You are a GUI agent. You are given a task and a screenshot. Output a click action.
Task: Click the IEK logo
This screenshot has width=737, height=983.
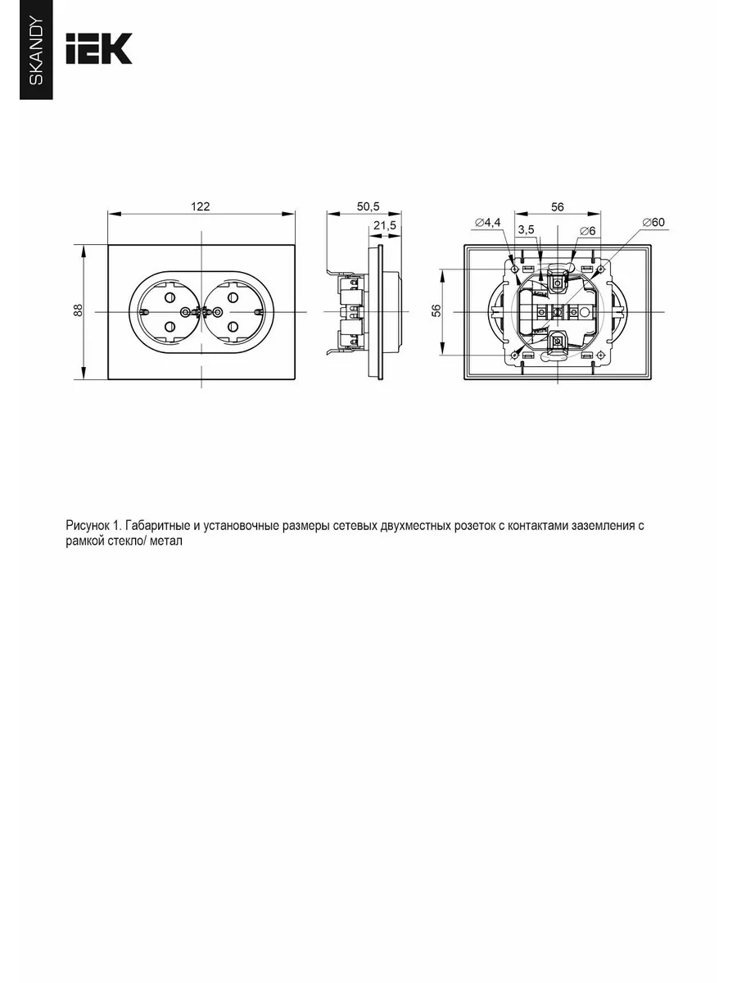point(99,48)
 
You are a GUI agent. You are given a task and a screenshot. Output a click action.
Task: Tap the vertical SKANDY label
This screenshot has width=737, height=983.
point(36,52)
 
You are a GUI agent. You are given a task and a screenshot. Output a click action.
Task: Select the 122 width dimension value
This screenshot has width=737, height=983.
point(200,206)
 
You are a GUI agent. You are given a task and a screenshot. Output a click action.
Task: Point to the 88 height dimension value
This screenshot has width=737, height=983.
point(79,310)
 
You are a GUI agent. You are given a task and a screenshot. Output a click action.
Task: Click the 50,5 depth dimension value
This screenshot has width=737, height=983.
point(368,206)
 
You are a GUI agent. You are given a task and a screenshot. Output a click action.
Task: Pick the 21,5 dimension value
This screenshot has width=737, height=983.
point(385,225)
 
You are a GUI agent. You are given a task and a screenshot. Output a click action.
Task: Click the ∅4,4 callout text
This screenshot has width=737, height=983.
point(488,222)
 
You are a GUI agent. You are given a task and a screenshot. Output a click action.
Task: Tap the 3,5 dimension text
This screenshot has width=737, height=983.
point(527,229)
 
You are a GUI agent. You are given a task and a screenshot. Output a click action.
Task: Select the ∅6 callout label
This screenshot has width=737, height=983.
point(587,231)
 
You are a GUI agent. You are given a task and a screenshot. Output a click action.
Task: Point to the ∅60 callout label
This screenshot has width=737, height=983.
point(653,222)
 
